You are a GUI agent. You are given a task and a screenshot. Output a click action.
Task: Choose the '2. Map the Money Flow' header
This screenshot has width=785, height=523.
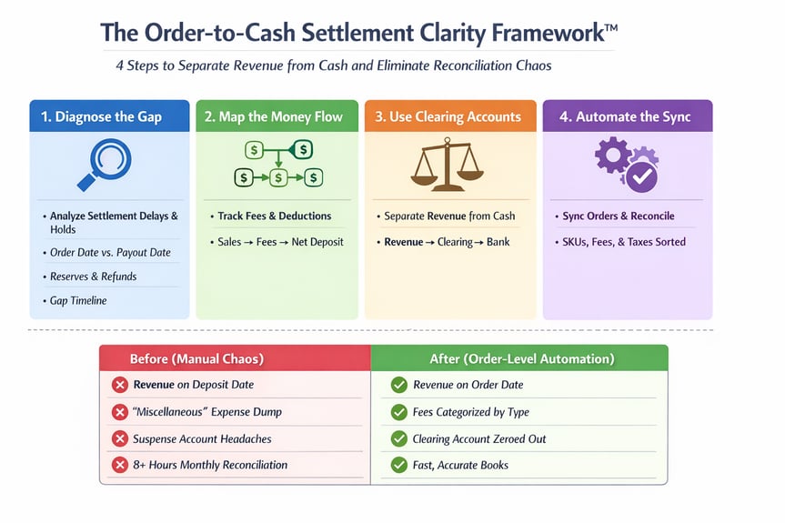(276, 116)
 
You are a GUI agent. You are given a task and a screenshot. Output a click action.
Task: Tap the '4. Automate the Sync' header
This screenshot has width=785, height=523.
(626, 116)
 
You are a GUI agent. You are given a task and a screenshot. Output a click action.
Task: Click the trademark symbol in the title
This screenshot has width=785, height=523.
(609, 28)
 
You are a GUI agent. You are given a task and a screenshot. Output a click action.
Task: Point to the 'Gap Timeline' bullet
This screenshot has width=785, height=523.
(78, 300)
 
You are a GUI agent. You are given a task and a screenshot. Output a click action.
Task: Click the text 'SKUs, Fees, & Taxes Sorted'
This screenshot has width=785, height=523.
(624, 242)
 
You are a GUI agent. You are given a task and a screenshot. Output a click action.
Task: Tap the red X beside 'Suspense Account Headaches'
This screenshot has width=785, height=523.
(119, 438)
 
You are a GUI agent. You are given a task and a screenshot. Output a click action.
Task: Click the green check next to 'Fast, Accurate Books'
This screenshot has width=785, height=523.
(398, 465)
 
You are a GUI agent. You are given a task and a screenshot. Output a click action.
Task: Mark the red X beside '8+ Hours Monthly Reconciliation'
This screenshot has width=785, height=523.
(119, 465)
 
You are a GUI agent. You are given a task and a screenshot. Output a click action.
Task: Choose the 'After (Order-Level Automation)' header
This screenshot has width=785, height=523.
(520, 358)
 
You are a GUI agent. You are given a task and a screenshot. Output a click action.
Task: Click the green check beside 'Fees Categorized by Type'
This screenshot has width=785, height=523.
(398, 412)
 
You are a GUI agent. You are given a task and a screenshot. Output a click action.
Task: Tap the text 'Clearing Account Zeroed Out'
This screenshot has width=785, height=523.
(478, 438)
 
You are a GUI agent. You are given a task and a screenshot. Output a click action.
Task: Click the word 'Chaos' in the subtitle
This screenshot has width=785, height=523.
(529, 65)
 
